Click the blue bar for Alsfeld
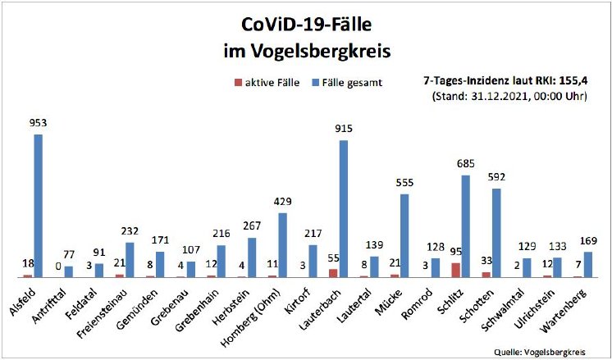(x=38, y=205)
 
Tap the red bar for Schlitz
(x=455, y=270)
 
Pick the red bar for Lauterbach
(x=332, y=272)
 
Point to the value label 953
(x=38, y=124)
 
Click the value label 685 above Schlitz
(x=465, y=163)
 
